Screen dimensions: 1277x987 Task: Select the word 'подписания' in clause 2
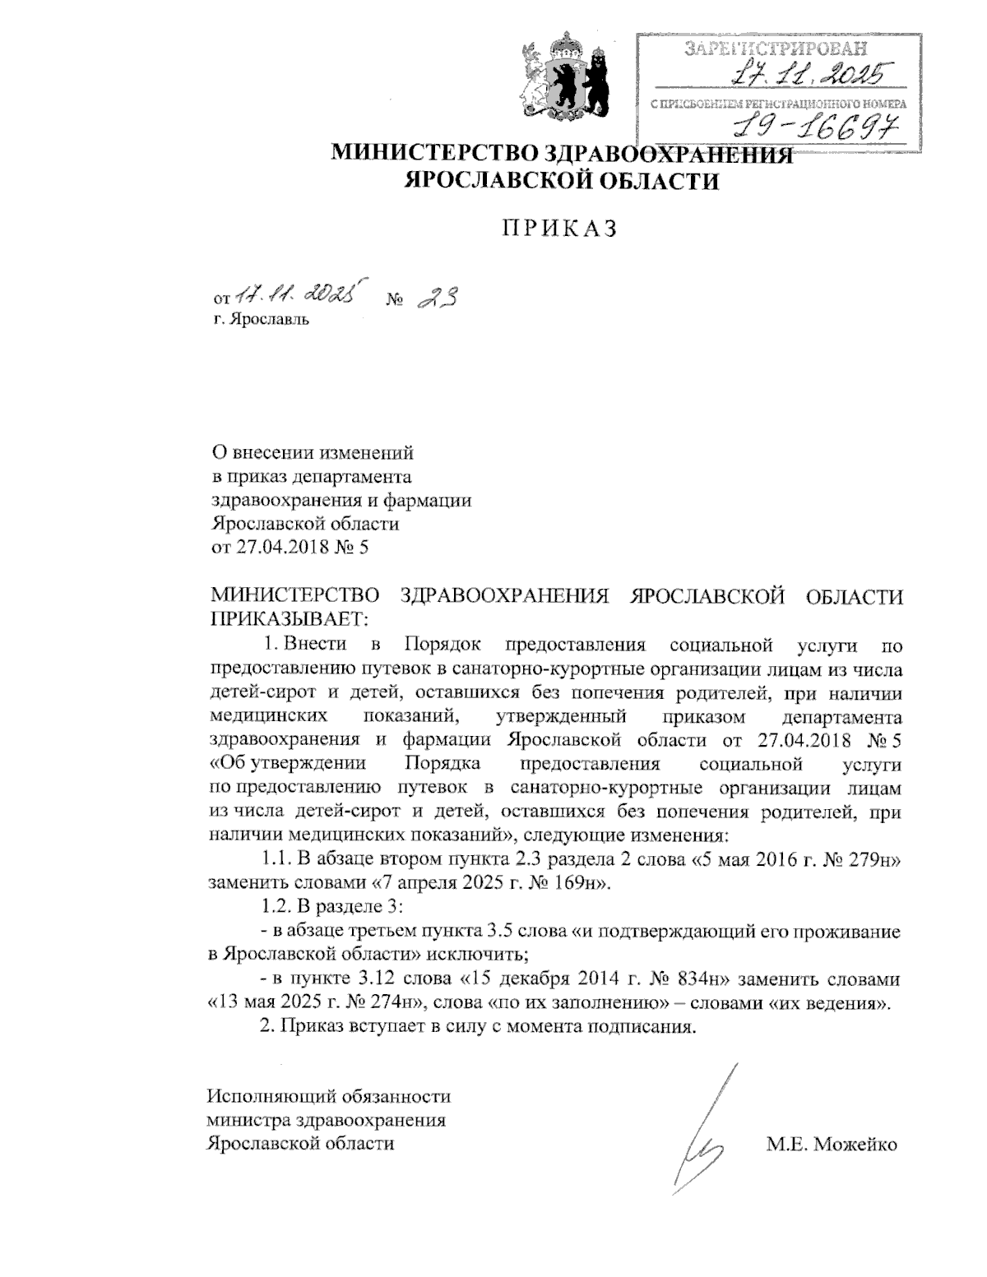coord(646,1027)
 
